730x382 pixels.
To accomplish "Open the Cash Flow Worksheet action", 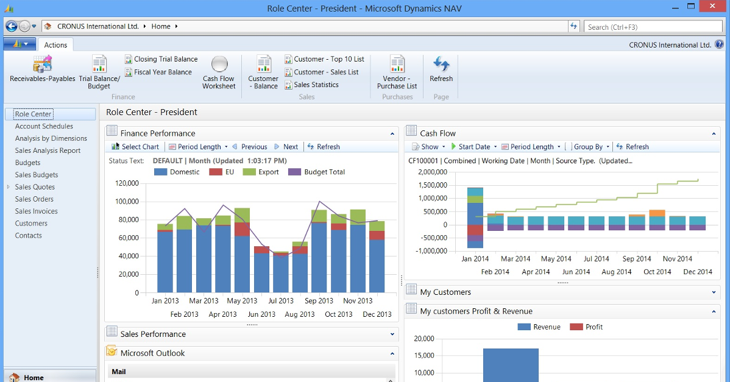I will tap(219, 73).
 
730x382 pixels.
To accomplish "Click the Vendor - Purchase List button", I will tap(397, 73).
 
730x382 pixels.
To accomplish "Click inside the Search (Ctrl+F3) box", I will tap(652, 27).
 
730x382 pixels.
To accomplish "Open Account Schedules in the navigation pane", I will tap(44, 126).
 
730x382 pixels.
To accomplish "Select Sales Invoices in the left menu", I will tap(37, 211).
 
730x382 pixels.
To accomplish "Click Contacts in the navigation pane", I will tap(29, 236).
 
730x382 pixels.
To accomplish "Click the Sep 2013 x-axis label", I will tap(319, 300).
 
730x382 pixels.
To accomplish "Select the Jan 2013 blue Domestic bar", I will tap(165, 262).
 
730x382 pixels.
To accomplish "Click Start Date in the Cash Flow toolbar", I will tap(473, 147).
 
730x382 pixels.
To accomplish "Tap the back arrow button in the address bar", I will tap(11, 26).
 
